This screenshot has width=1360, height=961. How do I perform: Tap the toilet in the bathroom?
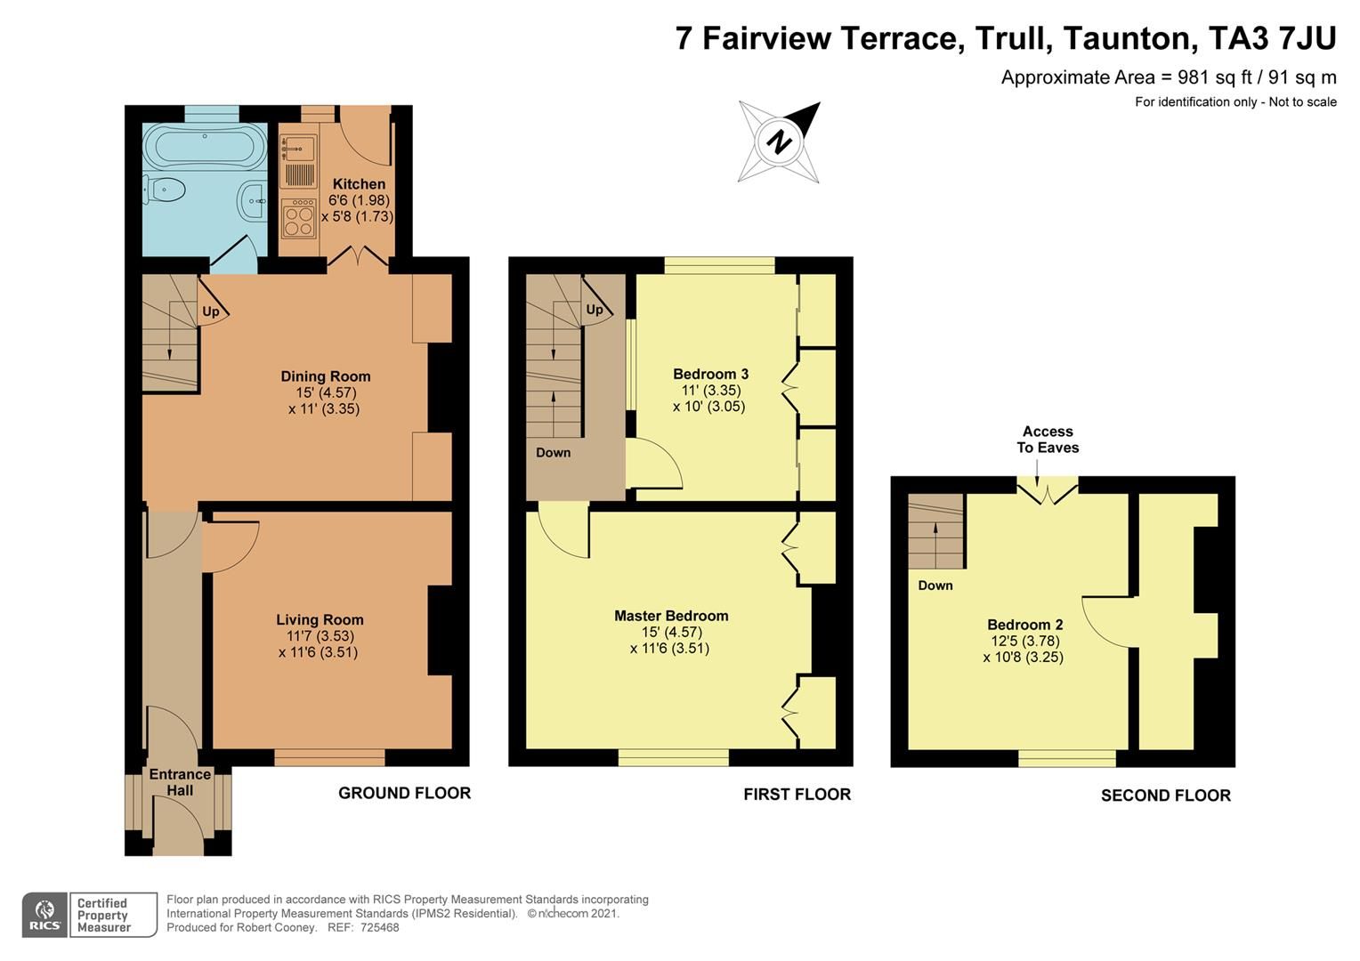164,190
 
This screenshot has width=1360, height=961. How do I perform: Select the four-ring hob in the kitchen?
298,219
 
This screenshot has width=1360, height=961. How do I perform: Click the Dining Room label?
325,376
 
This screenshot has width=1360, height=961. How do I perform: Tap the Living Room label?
320,620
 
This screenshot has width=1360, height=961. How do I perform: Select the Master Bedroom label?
671,616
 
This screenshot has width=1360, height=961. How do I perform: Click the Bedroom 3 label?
710,374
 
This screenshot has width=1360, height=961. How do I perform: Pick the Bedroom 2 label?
1024,625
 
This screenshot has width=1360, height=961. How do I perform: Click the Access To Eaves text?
1048,440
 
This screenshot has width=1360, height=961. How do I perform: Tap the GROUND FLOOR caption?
404,793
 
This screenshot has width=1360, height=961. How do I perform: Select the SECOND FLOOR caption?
1165,795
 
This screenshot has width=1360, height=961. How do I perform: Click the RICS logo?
45,915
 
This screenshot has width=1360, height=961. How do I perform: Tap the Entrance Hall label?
180,782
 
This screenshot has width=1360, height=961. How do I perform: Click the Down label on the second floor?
935,585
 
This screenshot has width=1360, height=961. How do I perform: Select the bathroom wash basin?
253,201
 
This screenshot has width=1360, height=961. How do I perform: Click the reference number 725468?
379,927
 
